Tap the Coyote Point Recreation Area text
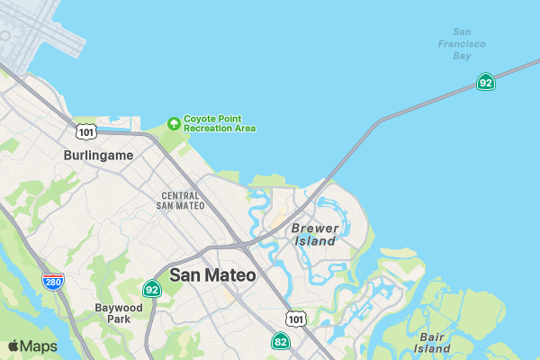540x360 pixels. point(220,123)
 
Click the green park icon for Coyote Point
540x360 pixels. point(174,122)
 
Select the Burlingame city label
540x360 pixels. point(98,155)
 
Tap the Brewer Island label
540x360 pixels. point(314,235)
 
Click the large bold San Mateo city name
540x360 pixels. point(212,275)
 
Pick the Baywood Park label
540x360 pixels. point(119,313)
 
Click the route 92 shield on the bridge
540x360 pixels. point(486,83)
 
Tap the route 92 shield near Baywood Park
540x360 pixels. point(151,289)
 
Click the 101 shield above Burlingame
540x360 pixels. point(86,132)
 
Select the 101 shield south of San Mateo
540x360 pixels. point(295,319)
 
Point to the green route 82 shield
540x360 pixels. point(281,341)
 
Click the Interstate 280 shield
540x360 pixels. point(52,282)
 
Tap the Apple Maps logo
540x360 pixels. point(32,346)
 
